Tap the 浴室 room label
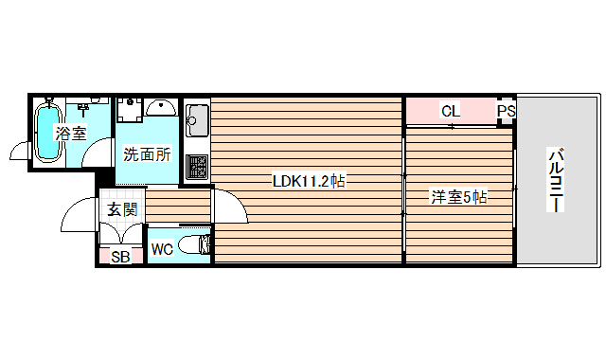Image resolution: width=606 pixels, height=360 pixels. (x=71, y=133)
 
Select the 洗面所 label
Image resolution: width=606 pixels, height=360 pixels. (x=147, y=153)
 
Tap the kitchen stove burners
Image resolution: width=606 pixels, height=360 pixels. (x=197, y=167)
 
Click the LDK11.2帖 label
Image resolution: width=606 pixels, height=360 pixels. (x=308, y=181)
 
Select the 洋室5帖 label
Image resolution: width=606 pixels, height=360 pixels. (x=459, y=197)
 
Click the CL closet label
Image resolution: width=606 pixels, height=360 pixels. (x=451, y=111)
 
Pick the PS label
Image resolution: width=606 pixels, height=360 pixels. (x=506, y=111)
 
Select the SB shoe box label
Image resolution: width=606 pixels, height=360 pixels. (x=121, y=256)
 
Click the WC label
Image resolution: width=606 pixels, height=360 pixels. (x=162, y=250)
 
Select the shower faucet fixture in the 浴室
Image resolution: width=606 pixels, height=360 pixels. (x=94, y=100)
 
